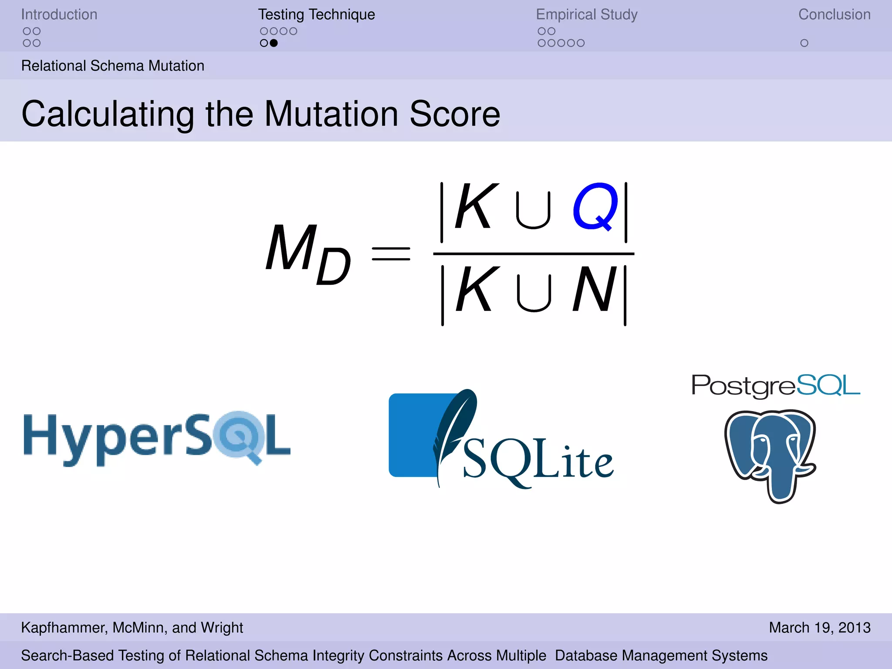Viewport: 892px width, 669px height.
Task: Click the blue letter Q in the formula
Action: pyautogui.click(x=595, y=207)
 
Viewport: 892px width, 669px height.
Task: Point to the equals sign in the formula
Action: pyautogui.click(x=391, y=254)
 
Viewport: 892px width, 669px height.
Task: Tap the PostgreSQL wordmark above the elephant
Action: pyautogui.click(x=776, y=386)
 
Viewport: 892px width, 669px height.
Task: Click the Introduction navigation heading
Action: pyautogui.click(x=59, y=14)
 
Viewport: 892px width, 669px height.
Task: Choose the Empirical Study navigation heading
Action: pyautogui.click(x=587, y=14)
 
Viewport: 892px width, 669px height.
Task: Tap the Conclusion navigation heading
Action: pyautogui.click(x=834, y=14)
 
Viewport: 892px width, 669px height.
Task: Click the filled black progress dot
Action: pyautogui.click(x=274, y=43)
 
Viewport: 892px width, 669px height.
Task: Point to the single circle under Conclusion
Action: pyautogui.click(x=804, y=43)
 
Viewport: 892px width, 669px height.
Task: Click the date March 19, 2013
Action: pyautogui.click(x=820, y=628)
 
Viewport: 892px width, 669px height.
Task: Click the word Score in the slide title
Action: pyautogui.click(x=455, y=114)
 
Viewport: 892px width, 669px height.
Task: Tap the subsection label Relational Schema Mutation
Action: pyautogui.click(x=113, y=66)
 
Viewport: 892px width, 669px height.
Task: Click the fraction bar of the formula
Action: pyautogui.click(x=534, y=253)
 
